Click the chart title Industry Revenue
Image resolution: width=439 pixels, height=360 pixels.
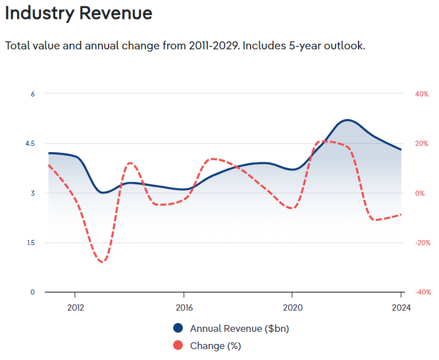(79, 13)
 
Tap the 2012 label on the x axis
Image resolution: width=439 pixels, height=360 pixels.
(75, 307)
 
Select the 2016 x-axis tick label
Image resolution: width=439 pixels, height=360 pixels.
(184, 307)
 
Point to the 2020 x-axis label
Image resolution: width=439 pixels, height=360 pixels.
(292, 307)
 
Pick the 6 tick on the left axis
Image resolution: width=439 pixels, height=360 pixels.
(33, 94)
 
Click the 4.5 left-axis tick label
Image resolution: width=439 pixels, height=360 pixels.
(30, 144)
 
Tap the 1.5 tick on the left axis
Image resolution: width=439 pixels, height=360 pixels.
(30, 243)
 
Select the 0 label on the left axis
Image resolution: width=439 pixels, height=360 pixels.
(33, 292)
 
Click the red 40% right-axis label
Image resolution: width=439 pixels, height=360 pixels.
(421, 94)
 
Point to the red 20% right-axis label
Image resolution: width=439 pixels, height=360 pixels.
(421, 144)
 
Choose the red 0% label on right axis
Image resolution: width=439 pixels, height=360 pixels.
(420, 193)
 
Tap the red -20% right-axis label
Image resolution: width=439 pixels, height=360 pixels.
(422, 243)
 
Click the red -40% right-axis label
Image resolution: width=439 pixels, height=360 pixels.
(422, 292)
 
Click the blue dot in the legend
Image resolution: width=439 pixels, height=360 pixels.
(178, 328)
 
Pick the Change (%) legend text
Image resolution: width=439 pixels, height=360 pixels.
(215, 346)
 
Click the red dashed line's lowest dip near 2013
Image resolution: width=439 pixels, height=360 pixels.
(103, 262)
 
